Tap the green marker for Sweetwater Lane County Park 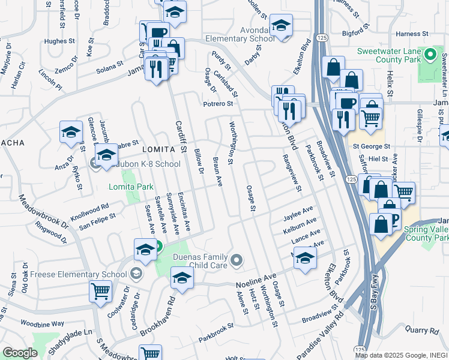pyautogui.click(x=429, y=56)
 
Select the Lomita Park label pyautogui.click(x=131, y=187)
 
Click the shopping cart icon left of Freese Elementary pyautogui.click(x=100, y=291)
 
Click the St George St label pyautogui.click(x=371, y=146)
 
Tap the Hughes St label pyautogui.click(x=58, y=41)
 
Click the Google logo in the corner pyautogui.click(x=20, y=353)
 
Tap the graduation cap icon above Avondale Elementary pyautogui.click(x=281, y=25)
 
